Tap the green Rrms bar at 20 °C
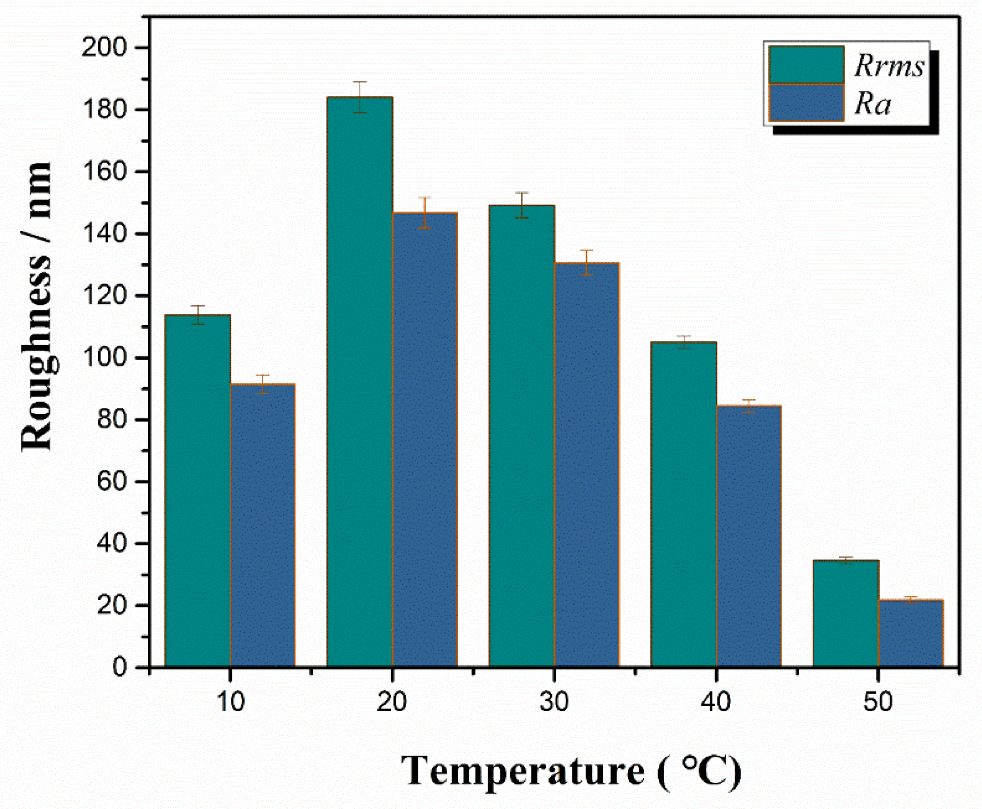(360, 382)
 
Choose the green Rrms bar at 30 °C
(522, 436)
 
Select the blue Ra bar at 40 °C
(749, 536)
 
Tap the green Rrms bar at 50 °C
(846, 613)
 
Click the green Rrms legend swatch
(806, 65)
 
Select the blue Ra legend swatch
(806, 102)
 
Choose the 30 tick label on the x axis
(554, 702)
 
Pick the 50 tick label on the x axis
(877, 702)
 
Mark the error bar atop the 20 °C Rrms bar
(360, 97)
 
